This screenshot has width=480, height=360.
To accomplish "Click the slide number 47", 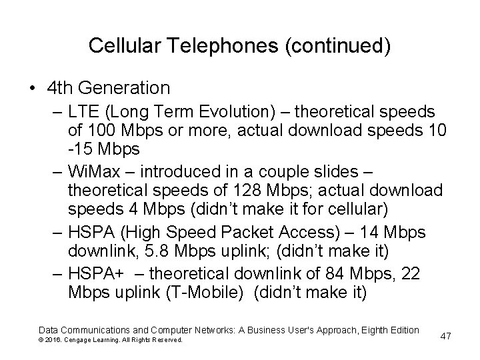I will (x=446, y=335).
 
